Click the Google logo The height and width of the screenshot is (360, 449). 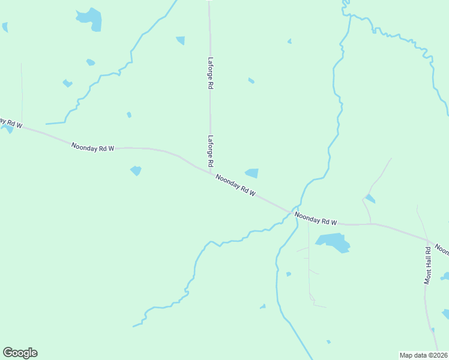point(20,353)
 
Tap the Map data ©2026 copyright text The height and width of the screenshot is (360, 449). point(423,355)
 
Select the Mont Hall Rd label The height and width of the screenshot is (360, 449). point(429,265)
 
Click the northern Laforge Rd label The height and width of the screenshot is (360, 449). point(211,73)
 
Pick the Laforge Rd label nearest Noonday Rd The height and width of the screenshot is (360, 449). point(211,151)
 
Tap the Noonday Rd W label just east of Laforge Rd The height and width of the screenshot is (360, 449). point(236,186)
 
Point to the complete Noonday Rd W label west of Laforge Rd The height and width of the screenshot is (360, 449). point(92,147)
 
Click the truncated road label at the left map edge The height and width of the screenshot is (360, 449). point(11,124)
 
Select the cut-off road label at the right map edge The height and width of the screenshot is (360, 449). point(442,248)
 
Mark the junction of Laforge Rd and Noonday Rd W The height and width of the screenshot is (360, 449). point(211,174)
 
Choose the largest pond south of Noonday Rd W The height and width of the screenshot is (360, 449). point(333,242)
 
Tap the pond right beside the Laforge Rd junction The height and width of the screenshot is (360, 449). point(252,173)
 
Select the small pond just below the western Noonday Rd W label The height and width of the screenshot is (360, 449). point(136,171)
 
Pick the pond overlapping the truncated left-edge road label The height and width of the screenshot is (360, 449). point(7,128)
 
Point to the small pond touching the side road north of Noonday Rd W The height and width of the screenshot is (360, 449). point(370,199)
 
